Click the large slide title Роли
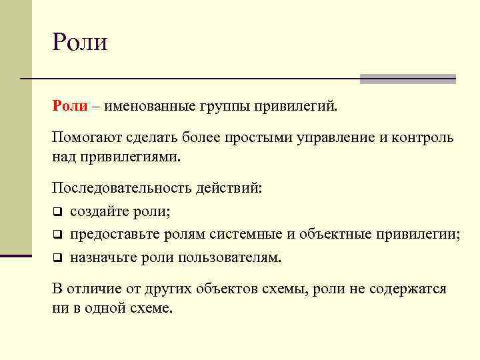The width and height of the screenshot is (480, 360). coord(79,42)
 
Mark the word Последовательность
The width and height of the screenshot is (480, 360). coord(121,189)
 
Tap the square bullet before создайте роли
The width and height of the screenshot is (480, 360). coord(57,213)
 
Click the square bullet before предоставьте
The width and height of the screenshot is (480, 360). coord(57,235)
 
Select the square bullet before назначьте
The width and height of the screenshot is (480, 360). coord(57,257)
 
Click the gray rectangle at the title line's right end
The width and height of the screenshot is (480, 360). coord(407,79)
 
